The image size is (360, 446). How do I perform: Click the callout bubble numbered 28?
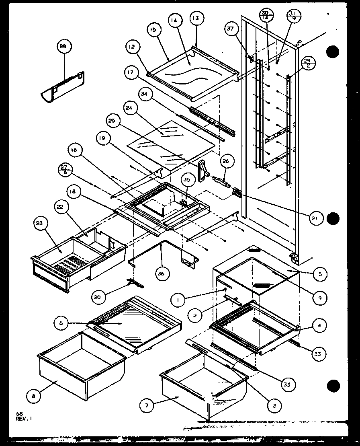pos(63,47)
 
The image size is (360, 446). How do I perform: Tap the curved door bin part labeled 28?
pos(62,87)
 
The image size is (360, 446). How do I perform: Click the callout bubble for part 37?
pos(230,29)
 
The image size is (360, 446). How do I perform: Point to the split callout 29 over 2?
pos(309,64)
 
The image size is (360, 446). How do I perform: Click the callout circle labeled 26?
pos(225,162)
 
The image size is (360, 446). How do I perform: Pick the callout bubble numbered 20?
pos(98,297)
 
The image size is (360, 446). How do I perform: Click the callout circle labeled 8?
pos(33,396)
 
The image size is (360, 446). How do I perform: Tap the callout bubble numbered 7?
pos(147,406)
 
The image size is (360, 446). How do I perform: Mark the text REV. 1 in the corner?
pos(24,418)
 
